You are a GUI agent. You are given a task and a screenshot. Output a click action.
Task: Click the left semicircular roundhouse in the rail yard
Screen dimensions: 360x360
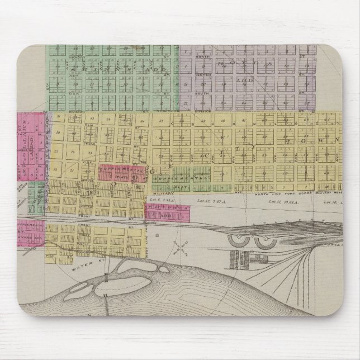coord(238,241)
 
